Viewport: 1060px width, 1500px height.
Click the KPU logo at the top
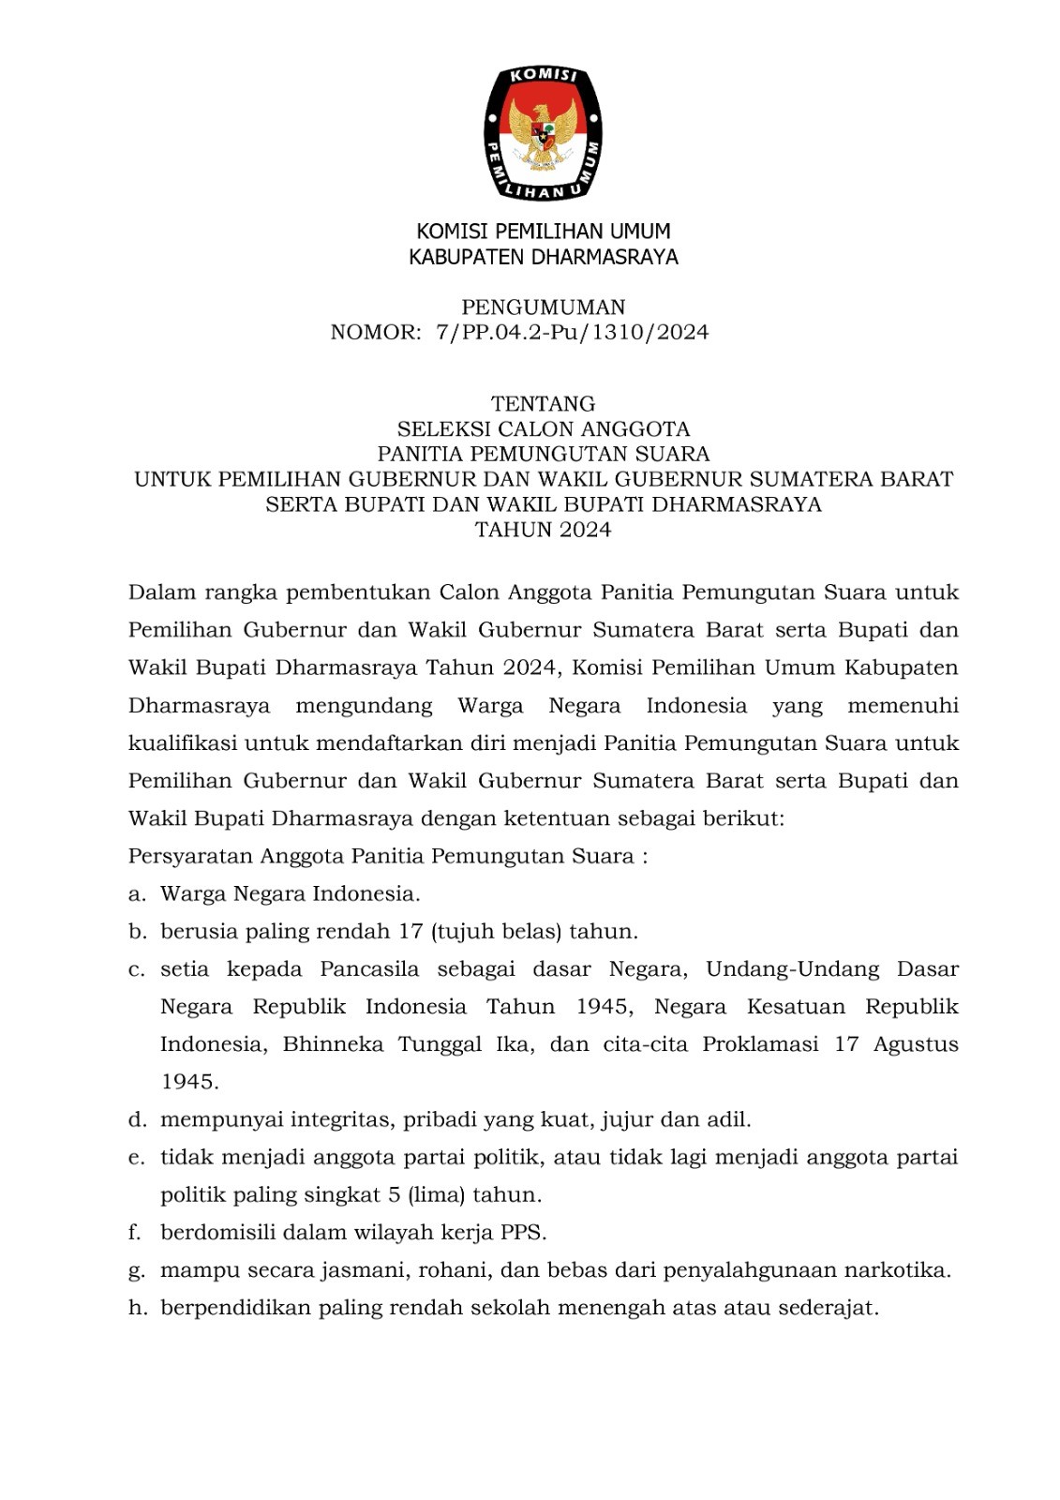point(543,132)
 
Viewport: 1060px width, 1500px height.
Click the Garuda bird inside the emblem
point(543,133)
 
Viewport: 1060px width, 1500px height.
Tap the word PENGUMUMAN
point(543,307)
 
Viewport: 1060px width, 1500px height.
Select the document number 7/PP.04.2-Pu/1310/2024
point(572,332)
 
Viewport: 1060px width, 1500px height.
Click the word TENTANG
point(543,404)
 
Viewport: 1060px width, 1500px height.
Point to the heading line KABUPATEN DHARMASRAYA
point(543,257)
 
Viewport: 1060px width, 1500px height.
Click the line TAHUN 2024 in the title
point(543,530)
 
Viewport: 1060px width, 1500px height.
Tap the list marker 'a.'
point(137,894)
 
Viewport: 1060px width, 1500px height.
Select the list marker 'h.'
point(138,1308)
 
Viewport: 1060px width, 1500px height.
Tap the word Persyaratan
point(190,857)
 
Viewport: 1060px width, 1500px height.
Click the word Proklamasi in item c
point(760,1044)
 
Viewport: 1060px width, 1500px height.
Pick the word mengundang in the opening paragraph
point(364,706)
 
